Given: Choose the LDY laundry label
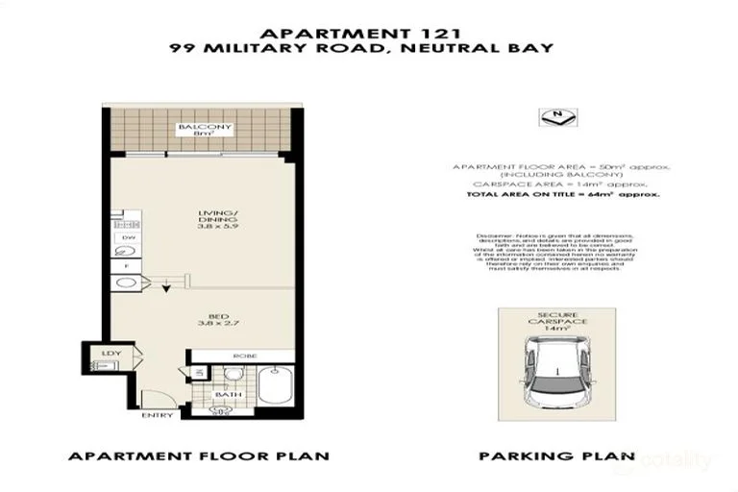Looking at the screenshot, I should pyautogui.click(x=111, y=355).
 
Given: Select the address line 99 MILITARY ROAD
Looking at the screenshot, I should pyautogui.click(x=369, y=47).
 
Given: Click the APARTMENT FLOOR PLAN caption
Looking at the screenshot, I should pyautogui.click(x=199, y=456).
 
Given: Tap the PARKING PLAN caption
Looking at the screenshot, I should pyautogui.click(x=557, y=456).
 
